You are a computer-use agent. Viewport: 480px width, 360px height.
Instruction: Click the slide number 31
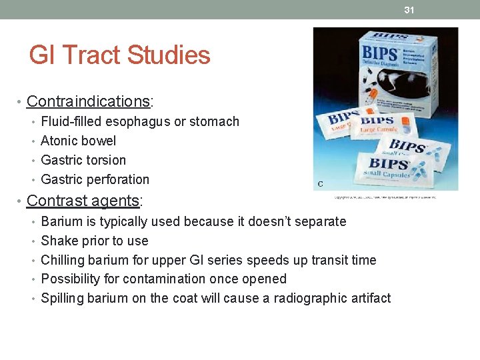coord(409,9)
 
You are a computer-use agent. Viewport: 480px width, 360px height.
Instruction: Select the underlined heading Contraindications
coord(89,101)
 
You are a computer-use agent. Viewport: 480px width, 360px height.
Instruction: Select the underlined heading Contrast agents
coord(85,201)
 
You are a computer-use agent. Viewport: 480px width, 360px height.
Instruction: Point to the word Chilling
coord(63,260)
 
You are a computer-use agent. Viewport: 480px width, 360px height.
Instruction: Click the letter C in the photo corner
coord(320,183)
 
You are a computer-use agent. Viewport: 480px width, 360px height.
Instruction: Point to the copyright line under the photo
coord(385,197)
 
